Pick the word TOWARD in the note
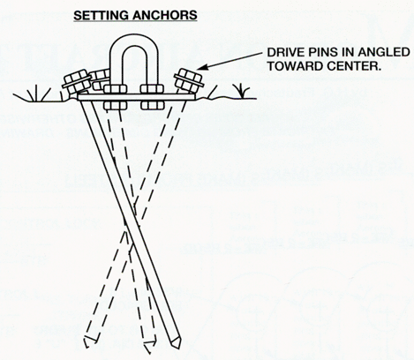pyautogui.click(x=295, y=66)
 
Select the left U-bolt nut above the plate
pyautogui.click(x=116, y=89)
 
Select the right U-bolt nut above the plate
pyautogui.click(x=152, y=89)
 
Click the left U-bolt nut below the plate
pyautogui.click(x=116, y=105)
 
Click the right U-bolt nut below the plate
pyautogui.click(x=152, y=105)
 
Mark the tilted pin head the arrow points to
pyautogui.click(x=189, y=80)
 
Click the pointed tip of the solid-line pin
pyautogui.click(x=179, y=348)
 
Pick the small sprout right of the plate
pyautogui.click(x=243, y=89)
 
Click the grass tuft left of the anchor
pyautogui.click(x=37, y=94)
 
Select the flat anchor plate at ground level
pyautogui.click(x=137, y=98)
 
